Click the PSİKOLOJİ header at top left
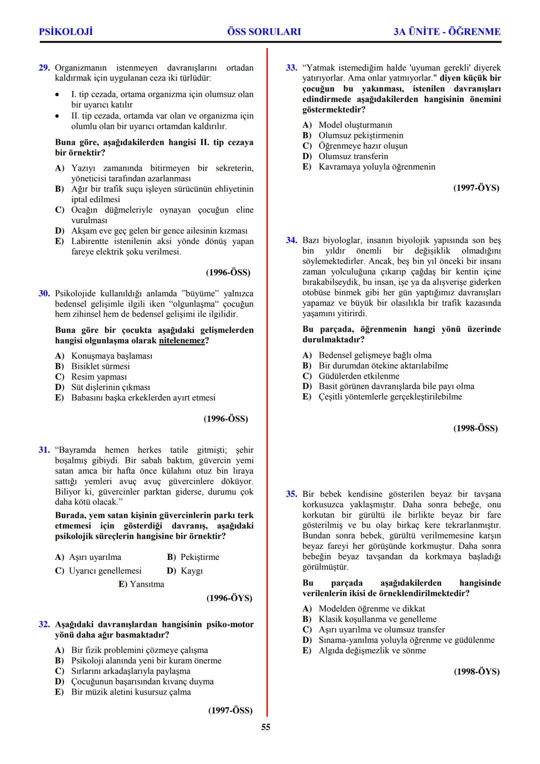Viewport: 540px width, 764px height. [x=65, y=32]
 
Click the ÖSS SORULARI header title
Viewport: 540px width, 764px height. [x=264, y=32]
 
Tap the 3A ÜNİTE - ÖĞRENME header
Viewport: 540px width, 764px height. [x=446, y=32]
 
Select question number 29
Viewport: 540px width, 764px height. [x=44, y=68]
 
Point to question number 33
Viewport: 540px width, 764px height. [x=291, y=68]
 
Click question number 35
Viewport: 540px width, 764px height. [x=291, y=494]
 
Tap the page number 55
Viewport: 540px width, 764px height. [x=265, y=727]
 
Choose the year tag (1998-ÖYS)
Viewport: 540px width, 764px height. [x=476, y=671]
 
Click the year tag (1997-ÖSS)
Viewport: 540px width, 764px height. [x=230, y=710]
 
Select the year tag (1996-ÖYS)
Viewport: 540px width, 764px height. [x=229, y=598]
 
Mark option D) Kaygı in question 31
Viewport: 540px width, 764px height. [x=185, y=570]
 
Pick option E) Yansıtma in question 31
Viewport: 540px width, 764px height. [x=141, y=584]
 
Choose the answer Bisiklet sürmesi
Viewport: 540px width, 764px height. [x=100, y=366]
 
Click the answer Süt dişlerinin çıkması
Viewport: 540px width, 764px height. [x=110, y=387]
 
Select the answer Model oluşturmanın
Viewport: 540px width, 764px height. [x=355, y=125]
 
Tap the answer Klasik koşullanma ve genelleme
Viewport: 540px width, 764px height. [x=377, y=619]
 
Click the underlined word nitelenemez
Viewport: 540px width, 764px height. [x=182, y=341]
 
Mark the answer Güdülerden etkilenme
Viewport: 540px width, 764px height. [x=358, y=376]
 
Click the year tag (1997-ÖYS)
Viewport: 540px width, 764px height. [x=476, y=188]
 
